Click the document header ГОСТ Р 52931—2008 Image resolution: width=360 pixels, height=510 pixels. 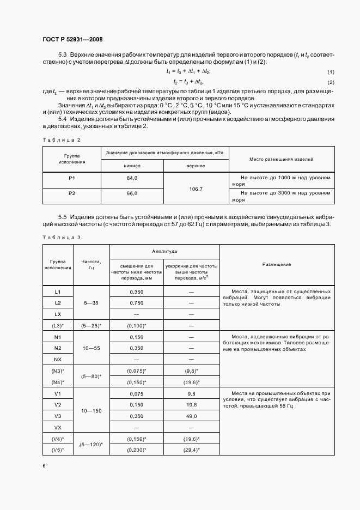72,39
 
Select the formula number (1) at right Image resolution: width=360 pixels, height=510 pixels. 331,72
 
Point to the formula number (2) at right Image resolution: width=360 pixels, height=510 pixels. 331,82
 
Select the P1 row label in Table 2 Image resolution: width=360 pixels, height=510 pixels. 72,178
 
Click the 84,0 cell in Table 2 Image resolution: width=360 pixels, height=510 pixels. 132,178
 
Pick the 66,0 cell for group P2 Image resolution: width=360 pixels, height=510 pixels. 132,193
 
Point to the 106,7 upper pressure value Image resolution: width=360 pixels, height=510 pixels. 196,189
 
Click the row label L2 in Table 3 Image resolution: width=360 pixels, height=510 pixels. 58,302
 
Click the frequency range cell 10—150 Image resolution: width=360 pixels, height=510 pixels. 91,410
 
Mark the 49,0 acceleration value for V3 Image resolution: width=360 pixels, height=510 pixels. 192,416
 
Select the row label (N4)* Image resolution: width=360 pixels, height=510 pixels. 58,382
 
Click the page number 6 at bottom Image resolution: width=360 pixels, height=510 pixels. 44,466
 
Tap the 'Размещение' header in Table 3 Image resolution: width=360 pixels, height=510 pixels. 277,264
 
